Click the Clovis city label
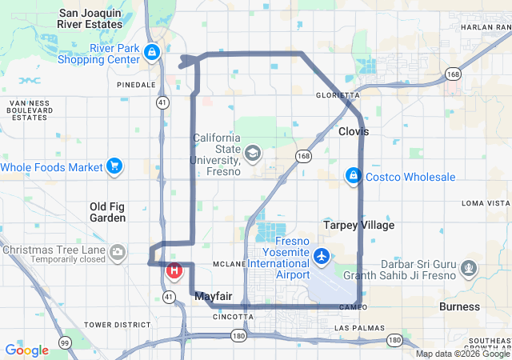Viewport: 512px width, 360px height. (x=353, y=130)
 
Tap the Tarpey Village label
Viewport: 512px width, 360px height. (x=358, y=225)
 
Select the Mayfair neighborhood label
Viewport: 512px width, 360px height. (x=214, y=296)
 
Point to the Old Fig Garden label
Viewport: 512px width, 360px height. (x=107, y=211)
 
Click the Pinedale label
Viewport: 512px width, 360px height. (x=135, y=84)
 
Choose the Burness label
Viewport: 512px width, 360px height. (x=460, y=306)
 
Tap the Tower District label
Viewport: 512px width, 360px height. (x=118, y=325)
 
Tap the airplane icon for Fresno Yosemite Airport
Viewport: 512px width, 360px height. (x=322, y=256)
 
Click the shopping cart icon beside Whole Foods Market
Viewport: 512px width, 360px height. (x=114, y=166)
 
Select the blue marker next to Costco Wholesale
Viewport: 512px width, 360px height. (x=352, y=174)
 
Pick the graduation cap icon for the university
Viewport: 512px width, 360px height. (x=253, y=152)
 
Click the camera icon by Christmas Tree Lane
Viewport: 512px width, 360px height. (x=118, y=254)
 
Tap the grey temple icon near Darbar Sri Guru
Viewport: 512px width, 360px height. (x=470, y=267)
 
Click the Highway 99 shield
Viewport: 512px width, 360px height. (x=64, y=342)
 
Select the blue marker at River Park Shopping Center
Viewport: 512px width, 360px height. (x=151, y=53)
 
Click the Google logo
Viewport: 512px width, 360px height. (x=26, y=350)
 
